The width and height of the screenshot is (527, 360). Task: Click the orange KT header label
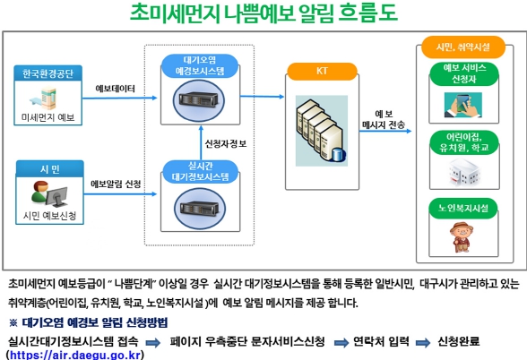(322, 72)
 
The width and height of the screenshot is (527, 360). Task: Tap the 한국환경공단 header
(48, 73)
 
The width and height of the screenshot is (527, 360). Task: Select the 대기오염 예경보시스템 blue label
(200, 65)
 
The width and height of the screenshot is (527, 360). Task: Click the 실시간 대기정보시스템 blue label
(201, 172)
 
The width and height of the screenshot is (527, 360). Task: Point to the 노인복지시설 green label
(463, 208)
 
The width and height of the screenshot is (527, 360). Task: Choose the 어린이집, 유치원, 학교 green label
(464, 142)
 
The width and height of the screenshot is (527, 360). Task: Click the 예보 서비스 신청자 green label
(464, 73)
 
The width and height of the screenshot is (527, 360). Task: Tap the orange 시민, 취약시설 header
(463, 47)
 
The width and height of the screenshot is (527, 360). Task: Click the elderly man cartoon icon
(462, 236)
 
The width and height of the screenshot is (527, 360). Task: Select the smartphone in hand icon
(463, 105)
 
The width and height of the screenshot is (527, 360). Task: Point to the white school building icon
(463, 172)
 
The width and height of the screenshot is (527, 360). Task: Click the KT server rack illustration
(322, 131)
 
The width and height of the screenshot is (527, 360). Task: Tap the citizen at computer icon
(49, 194)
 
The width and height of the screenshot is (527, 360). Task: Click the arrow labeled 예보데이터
(120, 99)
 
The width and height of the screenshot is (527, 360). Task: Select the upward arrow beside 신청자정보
(201, 142)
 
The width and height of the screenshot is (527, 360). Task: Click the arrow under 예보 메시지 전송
(385, 131)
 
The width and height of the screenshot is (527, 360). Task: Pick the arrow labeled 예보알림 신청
(120, 193)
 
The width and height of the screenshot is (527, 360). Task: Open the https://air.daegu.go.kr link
(75, 355)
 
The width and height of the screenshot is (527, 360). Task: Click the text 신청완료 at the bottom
(459, 341)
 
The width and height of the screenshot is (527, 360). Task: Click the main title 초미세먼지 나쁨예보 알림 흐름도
(263, 13)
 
